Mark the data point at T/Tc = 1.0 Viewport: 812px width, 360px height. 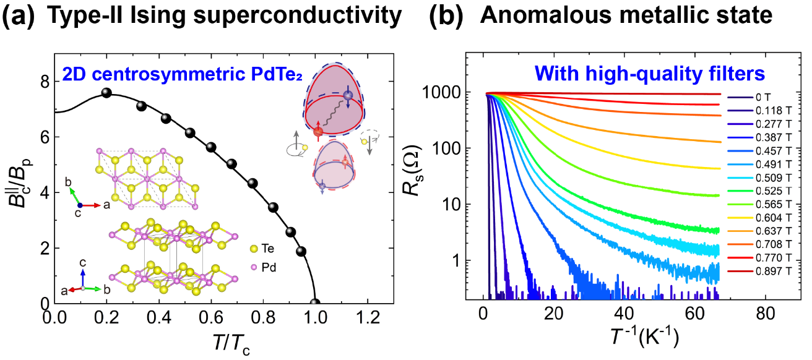click(315, 303)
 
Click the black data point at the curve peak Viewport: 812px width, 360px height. click(106, 93)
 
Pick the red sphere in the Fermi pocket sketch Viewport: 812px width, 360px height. click(318, 132)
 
